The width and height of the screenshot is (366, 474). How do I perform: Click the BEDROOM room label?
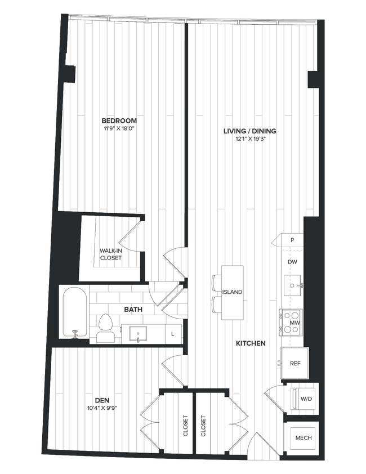pos(119,121)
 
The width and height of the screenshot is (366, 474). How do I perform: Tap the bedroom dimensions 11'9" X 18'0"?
pos(119,129)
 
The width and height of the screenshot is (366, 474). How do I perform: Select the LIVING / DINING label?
pos(249,131)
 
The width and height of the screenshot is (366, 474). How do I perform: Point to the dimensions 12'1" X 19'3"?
pos(249,139)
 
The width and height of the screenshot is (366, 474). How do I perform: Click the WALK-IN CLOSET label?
pos(111,254)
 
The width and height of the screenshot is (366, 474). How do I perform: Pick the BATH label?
pos(133,310)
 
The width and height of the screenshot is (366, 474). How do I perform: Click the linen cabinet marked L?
pos(173,334)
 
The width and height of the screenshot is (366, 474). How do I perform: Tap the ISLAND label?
pos(232,292)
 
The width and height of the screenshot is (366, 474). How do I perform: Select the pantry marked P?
pos(292,240)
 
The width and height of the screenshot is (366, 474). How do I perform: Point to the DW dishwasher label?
pos(292,262)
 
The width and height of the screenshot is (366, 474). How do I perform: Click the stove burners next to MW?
pos(286,323)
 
